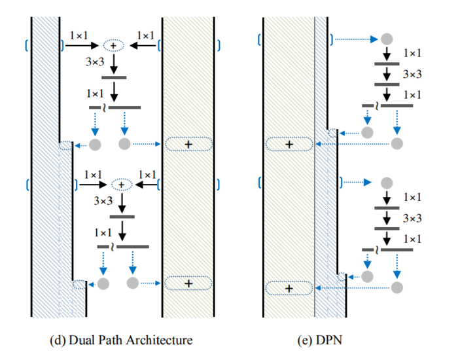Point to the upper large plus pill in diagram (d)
point(188,143)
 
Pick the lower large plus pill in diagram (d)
point(188,283)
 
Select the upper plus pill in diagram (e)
point(289,143)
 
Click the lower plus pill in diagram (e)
point(289,287)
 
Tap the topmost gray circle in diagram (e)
point(387,39)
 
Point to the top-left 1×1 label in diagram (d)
point(79,35)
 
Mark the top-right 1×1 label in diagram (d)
point(145,35)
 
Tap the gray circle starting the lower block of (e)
point(387,181)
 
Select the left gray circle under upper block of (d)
point(96,144)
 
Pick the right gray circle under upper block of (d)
point(125,143)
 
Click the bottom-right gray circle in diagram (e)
point(397,287)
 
